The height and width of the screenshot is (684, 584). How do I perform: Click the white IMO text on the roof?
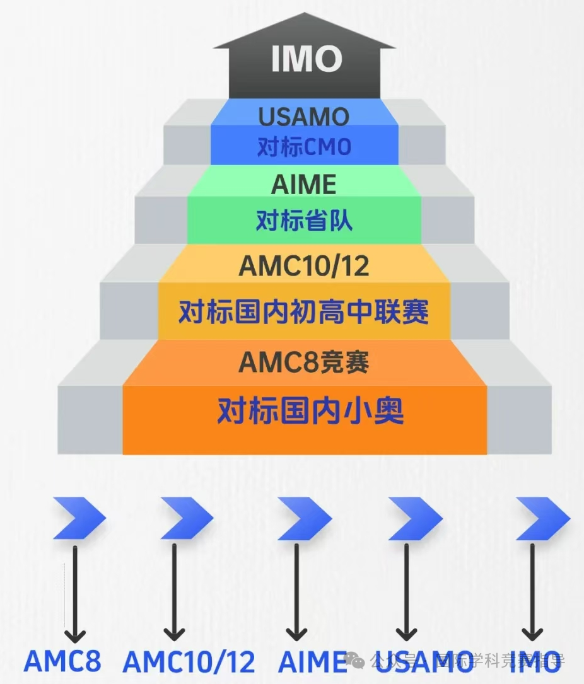coord(307,59)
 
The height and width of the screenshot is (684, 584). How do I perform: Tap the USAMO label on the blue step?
coord(303,117)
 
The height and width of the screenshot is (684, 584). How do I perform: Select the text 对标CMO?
coord(303,148)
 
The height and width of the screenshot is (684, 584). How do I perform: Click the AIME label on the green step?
coord(304,185)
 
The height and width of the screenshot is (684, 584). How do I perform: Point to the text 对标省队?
coord(304,221)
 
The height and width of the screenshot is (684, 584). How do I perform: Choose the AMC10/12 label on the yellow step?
coord(304,266)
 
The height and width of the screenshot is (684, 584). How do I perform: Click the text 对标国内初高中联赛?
coord(304,311)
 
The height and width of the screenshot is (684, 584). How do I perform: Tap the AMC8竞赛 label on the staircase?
coord(304,362)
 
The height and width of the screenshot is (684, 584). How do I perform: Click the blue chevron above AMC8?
coord(79,518)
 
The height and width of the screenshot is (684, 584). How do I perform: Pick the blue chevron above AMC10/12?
coord(187,518)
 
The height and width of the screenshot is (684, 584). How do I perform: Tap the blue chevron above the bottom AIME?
coord(305,518)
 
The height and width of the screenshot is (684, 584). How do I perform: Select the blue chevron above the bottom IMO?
coord(542,518)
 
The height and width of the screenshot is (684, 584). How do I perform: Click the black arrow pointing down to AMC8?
coord(75,593)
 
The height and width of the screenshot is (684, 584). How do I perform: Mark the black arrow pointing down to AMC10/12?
coord(174,593)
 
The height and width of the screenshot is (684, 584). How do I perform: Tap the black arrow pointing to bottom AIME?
coord(295,593)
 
